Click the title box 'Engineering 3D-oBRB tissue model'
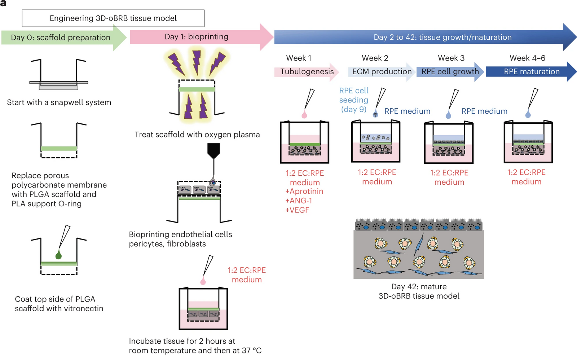(x=113, y=18)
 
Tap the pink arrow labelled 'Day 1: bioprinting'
(x=197, y=37)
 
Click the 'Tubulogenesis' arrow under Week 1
(x=307, y=71)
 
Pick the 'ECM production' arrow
(x=382, y=71)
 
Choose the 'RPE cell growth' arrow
(x=450, y=71)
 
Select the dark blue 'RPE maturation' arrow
(x=531, y=71)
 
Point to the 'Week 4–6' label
(x=527, y=58)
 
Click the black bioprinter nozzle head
(x=213, y=150)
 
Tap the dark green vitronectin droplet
(x=58, y=255)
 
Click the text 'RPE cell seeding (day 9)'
(x=354, y=100)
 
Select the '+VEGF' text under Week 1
(x=297, y=210)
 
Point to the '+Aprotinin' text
(x=304, y=191)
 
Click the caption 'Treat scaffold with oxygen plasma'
(x=197, y=135)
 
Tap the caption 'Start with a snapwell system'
(x=59, y=102)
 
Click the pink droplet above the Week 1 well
(x=304, y=115)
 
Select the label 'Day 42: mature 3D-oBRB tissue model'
(x=419, y=291)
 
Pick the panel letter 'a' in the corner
(x=3, y=3)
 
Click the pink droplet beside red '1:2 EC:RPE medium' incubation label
(x=203, y=281)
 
